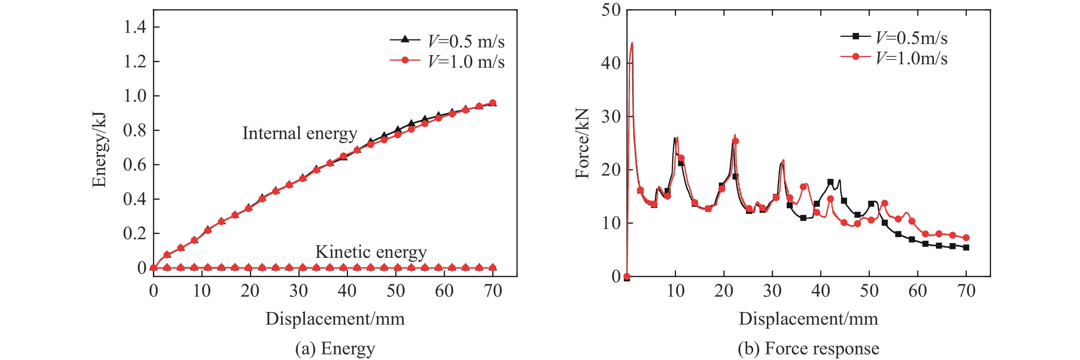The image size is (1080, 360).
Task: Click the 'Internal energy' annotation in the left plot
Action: pyautogui.click(x=300, y=134)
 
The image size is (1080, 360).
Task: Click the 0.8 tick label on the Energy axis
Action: pyautogui.click(x=135, y=130)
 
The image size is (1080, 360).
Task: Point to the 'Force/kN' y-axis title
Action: pyautogui.click(x=582, y=143)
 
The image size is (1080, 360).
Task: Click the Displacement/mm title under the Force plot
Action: pyautogui.click(x=808, y=319)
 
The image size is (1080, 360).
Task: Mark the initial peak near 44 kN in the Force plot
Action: pyautogui.click(x=632, y=43)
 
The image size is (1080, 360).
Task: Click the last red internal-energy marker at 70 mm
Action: pyautogui.click(x=493, y=103)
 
